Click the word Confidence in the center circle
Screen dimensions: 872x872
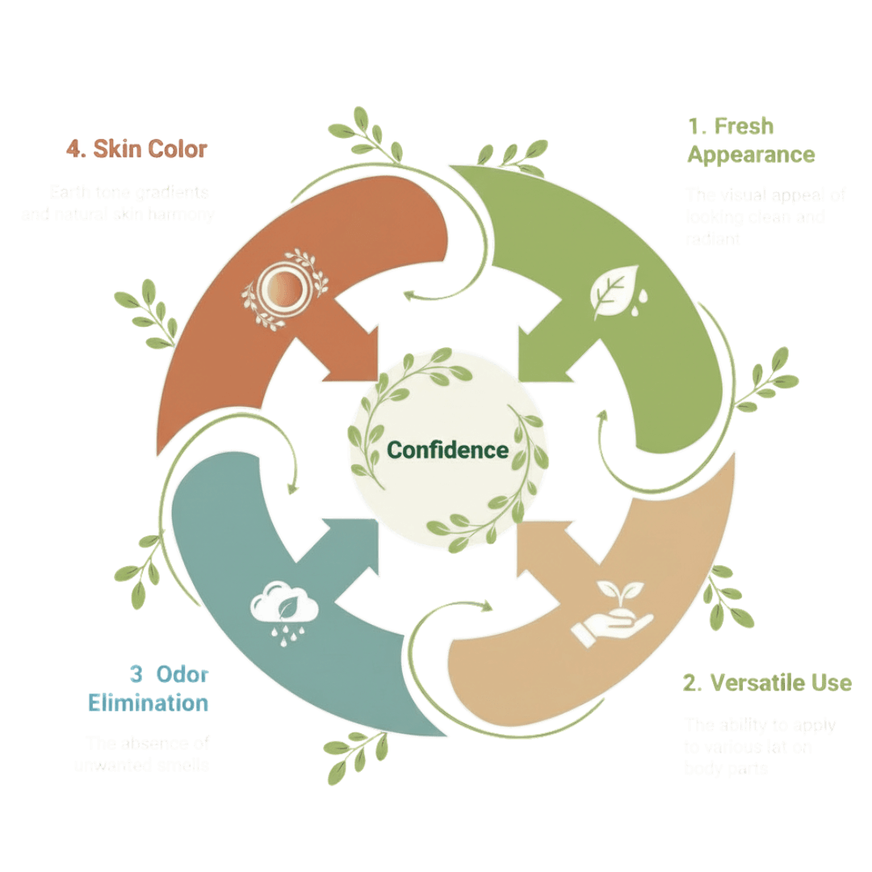point(448,450)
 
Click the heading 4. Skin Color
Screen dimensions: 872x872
point(136,149)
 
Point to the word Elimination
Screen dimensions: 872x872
point(148,702)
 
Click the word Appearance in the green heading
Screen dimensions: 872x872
point(751,154)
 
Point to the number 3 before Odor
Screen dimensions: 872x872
point(136,674)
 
